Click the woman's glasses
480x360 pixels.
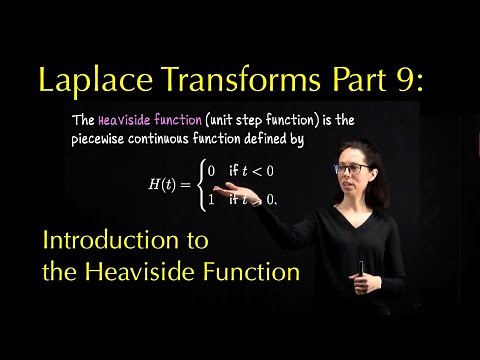click(349, 170)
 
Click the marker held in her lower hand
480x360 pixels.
click(361, 267)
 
